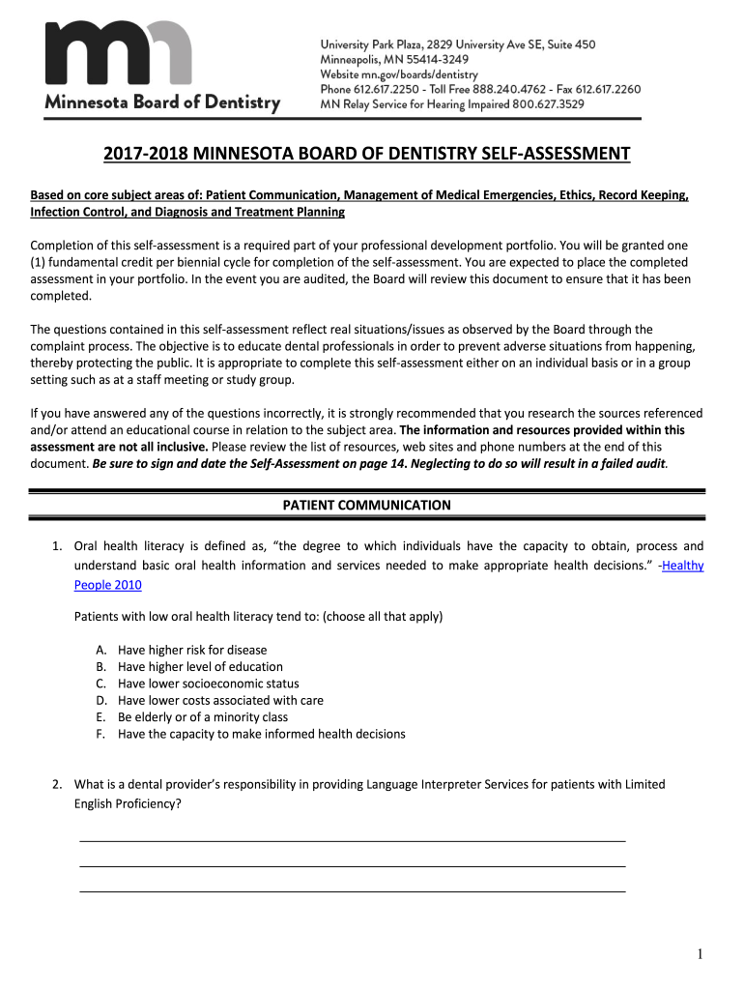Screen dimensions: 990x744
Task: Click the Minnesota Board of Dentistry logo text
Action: point(162,102)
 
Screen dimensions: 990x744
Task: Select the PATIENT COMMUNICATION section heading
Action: point(366,505)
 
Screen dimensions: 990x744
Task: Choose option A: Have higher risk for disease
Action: point(191,650)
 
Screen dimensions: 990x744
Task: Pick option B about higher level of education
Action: point(200,667)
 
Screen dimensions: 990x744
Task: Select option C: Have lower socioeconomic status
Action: point(208,684)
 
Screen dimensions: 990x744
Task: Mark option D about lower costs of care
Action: point(220,700)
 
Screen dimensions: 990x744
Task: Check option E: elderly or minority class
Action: point(202,717)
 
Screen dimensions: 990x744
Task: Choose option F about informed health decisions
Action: point(261,734)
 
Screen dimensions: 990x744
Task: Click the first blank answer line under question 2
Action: point(352,840)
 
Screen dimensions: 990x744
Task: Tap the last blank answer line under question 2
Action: point(352,889)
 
